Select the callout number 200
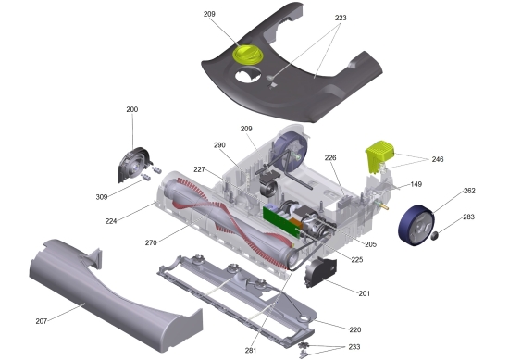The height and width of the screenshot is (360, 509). [x=132, y=110]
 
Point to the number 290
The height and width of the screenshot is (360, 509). [x=219, y=145]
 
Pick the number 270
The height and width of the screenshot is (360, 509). [x=151, y=243]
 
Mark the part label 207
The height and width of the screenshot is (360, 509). [x=42, y=321]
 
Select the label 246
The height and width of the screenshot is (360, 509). [x=437, y=159]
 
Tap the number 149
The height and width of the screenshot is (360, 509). [x=416, y=184]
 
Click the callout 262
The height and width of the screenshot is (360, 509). [x=469, y=192]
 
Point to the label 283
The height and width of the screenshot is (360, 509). [x=469, y=217]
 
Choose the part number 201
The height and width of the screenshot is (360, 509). [x=364, y=293]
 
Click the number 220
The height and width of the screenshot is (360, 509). [x=354, y=329]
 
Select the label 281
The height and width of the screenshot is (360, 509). [x=251, y=349]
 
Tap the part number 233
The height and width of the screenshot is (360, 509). [x=354, y=347]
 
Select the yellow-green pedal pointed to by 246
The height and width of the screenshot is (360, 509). [x=381, y=155]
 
